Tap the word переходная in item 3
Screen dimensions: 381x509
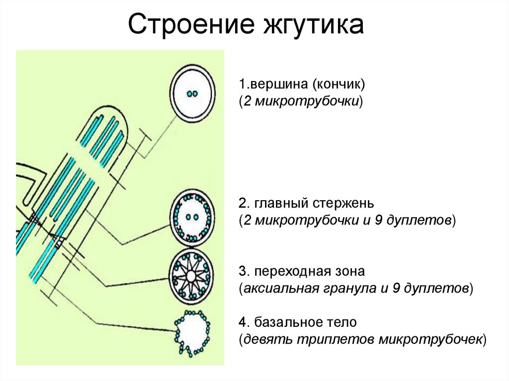(x=289, y=272)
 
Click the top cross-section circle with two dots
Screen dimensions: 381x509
(x=191, y=93)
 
